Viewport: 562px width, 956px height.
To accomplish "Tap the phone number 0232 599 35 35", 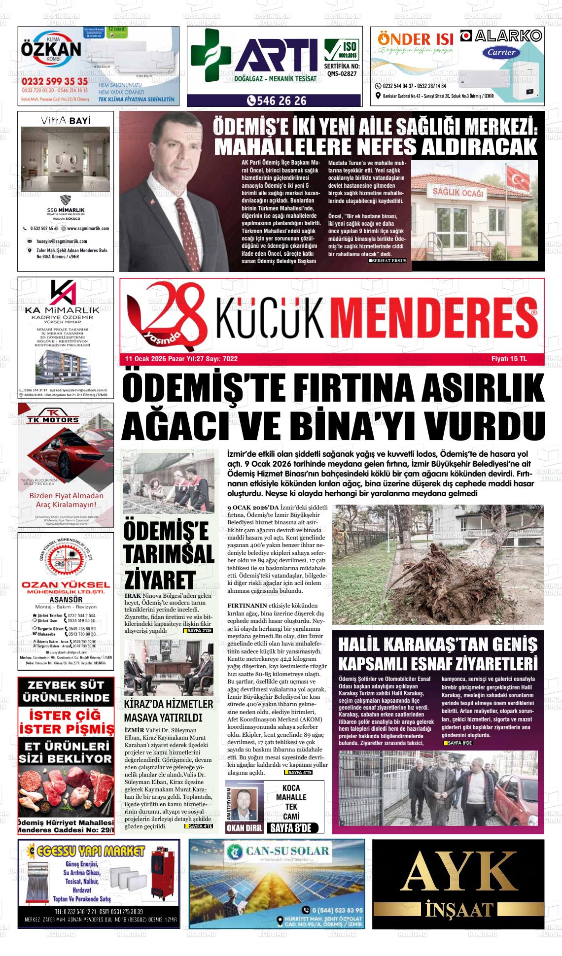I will [55, 81].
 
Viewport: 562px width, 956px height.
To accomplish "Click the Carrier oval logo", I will [502, 52].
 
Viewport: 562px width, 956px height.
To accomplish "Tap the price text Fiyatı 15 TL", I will [509, 359].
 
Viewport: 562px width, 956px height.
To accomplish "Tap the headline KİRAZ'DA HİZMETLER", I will [169, 704].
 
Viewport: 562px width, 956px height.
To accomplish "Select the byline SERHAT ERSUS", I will [389, 260].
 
